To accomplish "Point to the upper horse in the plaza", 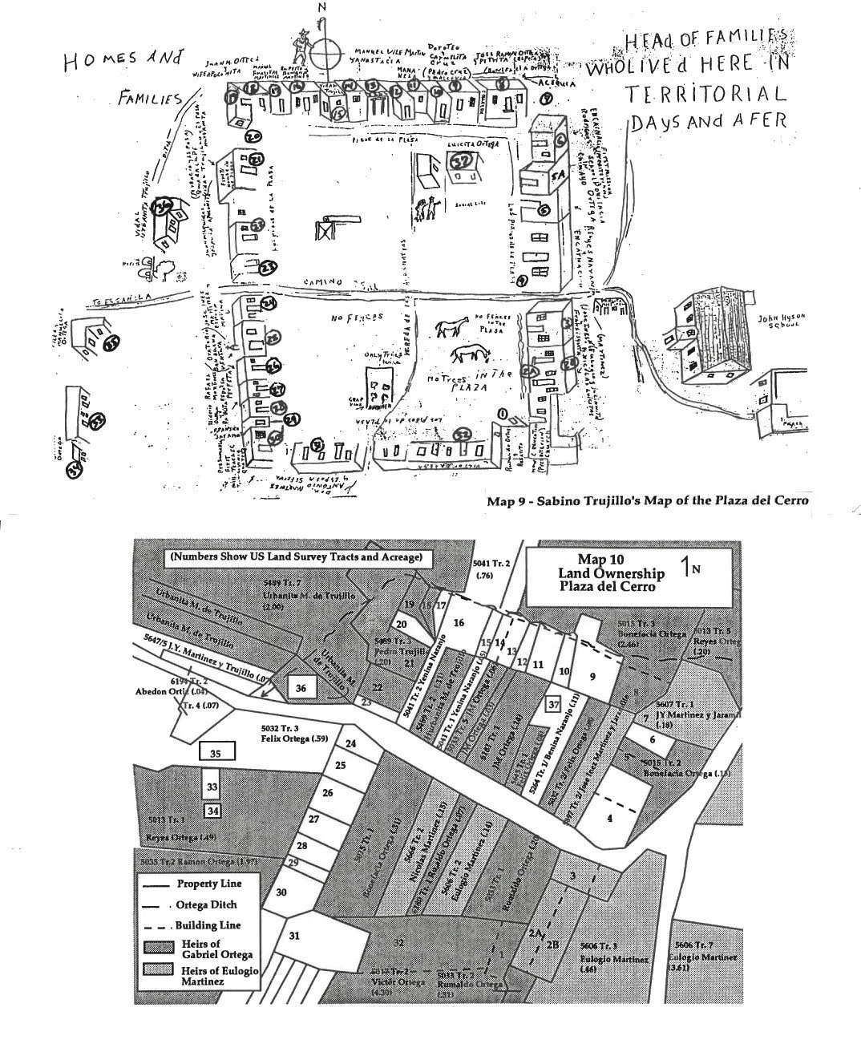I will (x=452, y=328).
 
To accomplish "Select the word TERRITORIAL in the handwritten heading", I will (x=706, y=94).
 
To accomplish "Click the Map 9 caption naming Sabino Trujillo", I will (x=647, y=501).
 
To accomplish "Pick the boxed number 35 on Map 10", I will (x=215, y=753).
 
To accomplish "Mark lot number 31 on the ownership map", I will (x=294, y=935).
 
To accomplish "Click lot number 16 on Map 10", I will (x=459, y=623).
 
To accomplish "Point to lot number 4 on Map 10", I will (x=609, y=818).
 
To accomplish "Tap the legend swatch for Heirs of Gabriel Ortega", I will (x=156, y=949).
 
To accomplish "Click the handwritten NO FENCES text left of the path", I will (x=354, y=319).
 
